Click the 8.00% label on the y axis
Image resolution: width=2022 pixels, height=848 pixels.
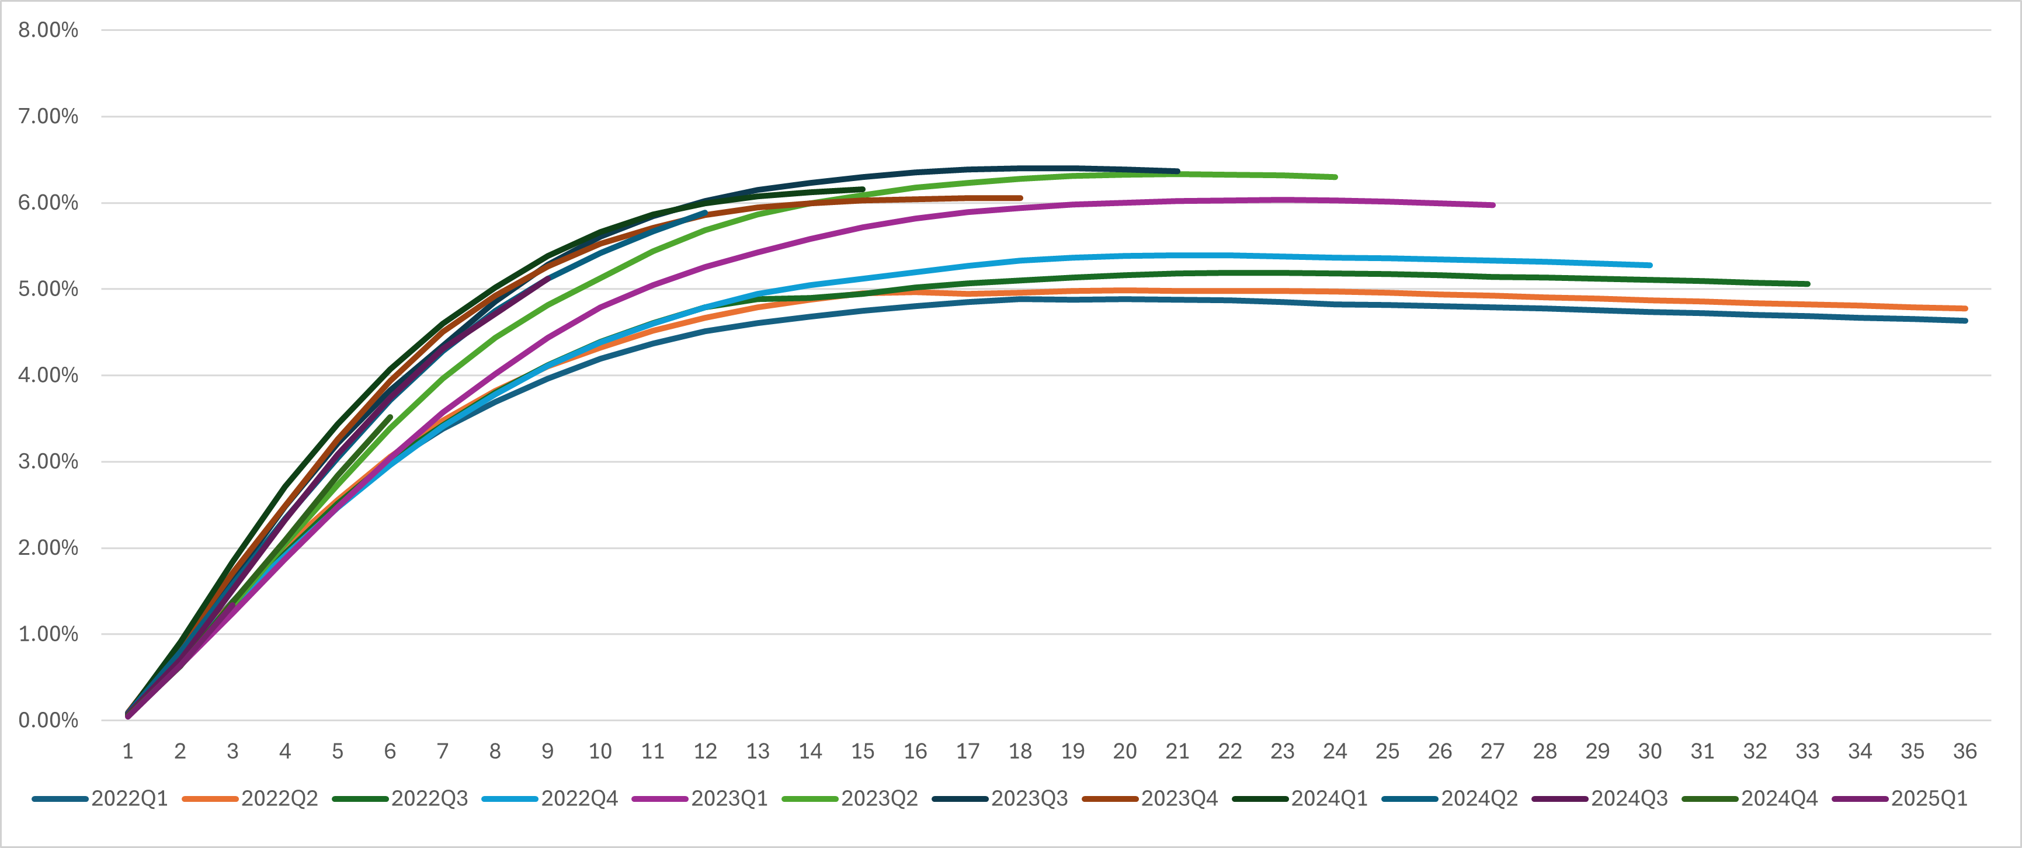coord(48,30)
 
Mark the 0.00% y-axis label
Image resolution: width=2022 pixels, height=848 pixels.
coord(48,720)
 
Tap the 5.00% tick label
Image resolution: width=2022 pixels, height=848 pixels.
coord(48,289)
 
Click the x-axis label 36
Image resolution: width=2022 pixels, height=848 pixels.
coord(1965,752)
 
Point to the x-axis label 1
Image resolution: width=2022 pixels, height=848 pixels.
coord(128,752)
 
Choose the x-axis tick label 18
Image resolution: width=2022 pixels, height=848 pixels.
coord(1020,752)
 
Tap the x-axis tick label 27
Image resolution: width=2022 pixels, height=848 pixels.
coord(1492,752)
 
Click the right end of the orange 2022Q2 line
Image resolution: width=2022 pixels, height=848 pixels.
coord(1965,308)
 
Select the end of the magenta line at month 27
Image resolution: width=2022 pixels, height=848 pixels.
coord(1492,205)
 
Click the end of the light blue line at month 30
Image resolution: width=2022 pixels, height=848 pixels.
coord(1650,265)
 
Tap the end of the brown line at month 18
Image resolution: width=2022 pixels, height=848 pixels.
coord(1020,198)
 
